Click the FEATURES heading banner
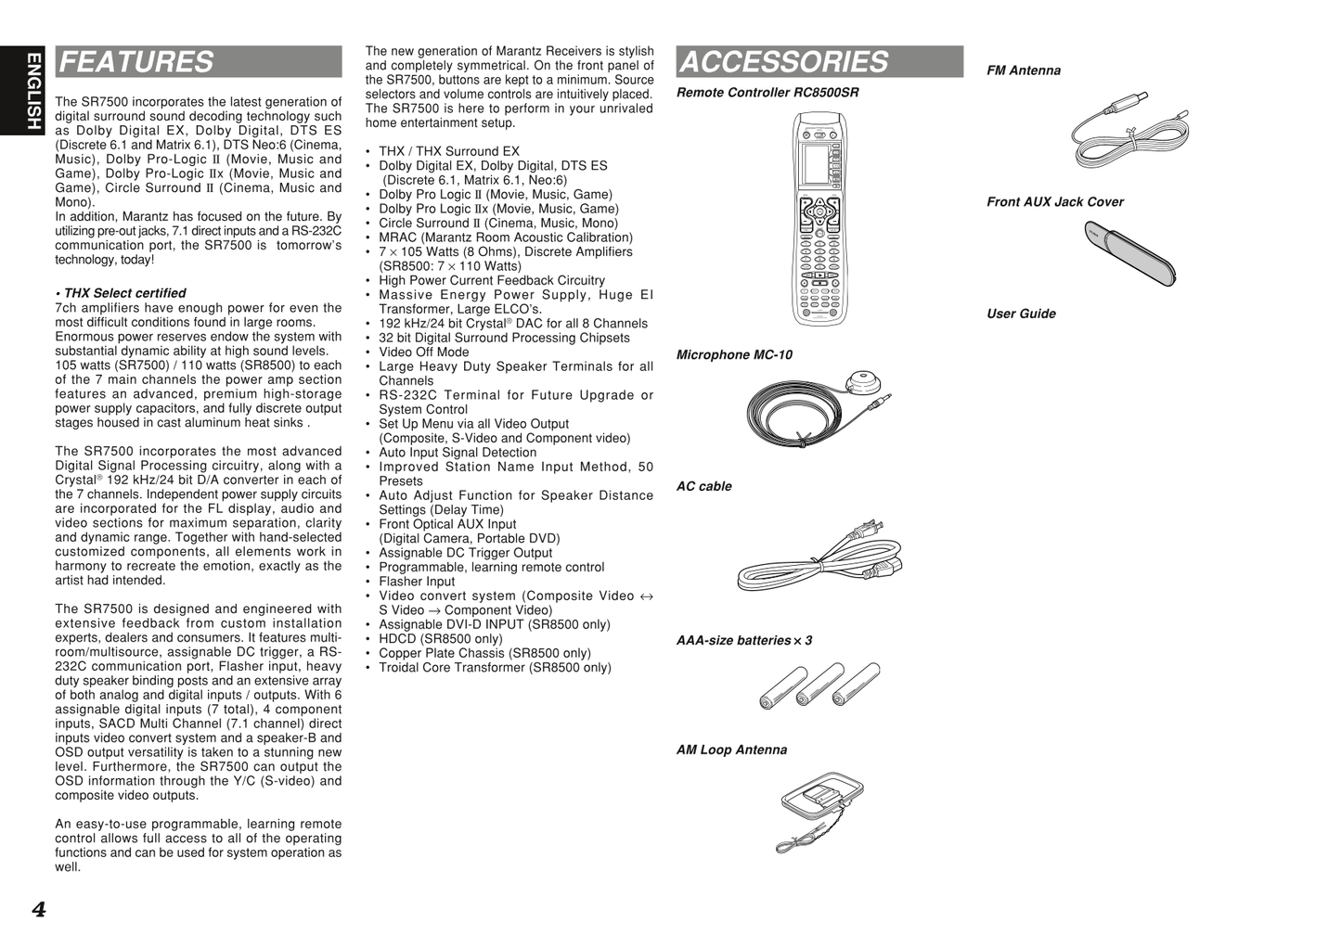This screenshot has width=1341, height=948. point(198,62)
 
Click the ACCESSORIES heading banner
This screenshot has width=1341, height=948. point(819,62)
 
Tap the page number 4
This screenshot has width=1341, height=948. point(38,909)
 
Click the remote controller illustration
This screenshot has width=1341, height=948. point(819,219)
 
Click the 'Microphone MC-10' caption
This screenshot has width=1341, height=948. point(734,355)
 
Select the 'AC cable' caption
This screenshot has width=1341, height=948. point(703,487)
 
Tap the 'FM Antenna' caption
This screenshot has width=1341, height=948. point(1023,70)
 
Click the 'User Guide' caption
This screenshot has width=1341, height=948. point(1021,314)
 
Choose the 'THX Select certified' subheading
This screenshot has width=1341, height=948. point(123,293)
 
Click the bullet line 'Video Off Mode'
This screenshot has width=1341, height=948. point(423,352)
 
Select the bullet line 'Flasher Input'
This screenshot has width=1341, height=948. point(417,582)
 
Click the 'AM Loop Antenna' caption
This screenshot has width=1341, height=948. point(731,750)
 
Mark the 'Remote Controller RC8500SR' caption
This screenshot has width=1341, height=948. point(767,93)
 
